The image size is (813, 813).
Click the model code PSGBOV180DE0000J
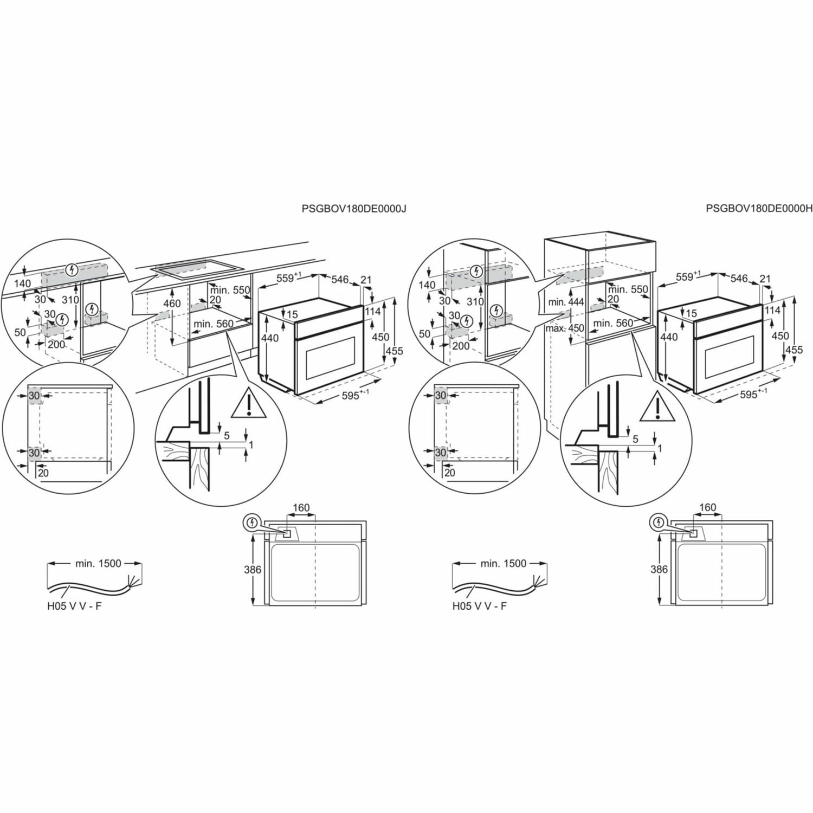coord(354,208)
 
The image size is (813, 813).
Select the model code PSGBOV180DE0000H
coord(759,208)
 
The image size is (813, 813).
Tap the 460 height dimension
coord(172,304)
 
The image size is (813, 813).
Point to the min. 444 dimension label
coord(566,301)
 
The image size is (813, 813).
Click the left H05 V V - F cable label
coord(74,606)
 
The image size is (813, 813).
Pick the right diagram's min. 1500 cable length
coord(504,563)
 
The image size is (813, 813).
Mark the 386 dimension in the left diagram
coord(253,570)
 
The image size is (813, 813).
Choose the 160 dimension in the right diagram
coord(707,508)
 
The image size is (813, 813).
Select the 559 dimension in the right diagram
coord(686,277)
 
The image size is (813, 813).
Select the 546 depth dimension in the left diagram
coord(340,279)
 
